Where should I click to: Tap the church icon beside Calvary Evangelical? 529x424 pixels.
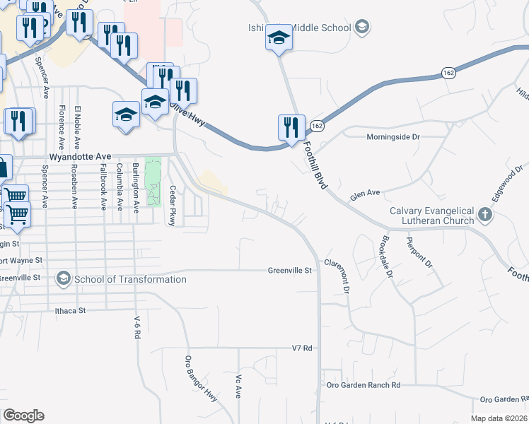coord(485,213)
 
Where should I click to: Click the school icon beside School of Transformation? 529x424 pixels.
coord(64,279)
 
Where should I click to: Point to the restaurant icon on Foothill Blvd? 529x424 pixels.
coord(291,127)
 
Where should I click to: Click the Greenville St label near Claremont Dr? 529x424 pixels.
coord(289,270)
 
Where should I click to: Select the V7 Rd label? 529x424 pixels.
coord(302,348)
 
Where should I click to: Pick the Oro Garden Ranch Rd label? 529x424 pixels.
coord(364,385)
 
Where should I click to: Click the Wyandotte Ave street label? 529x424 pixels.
coord(81,155)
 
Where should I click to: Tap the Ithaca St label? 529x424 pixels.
coord(70,310)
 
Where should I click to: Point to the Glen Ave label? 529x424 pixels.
coord(365,192)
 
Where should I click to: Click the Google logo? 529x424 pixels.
coord(23,416)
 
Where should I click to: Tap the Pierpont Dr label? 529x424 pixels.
coord(419,253)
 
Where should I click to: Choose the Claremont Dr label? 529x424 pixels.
coord(337,276)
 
